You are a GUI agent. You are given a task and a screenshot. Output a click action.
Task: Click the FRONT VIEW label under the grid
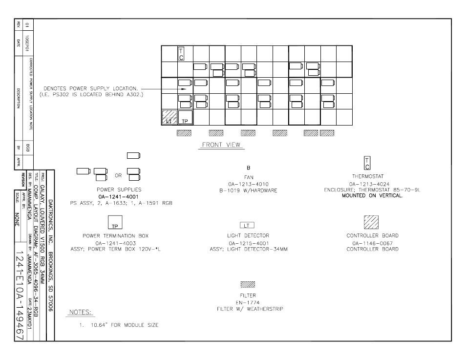tap(221, 145)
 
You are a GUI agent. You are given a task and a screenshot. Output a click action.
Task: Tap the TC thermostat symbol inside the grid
tap(181, 54)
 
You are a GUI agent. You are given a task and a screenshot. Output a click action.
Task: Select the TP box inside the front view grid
tap(185, 117)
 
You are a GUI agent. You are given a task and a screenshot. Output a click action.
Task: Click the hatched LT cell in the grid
tap(169, 117)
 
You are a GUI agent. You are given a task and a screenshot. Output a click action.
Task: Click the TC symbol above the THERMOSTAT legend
tap(367, 163)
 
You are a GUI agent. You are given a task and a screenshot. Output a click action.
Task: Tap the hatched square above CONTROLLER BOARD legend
tap(371, 222)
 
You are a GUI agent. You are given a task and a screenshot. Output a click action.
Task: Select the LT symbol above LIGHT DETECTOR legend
tap(247, 225)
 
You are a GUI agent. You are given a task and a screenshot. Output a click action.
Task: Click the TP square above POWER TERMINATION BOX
tap(115, 222)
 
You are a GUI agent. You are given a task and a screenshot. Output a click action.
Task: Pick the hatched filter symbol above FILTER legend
tap(248, 284)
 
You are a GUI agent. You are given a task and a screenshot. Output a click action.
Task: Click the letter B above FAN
tap(249, 168)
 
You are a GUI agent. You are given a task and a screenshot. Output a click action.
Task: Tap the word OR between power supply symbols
tap(118, 175)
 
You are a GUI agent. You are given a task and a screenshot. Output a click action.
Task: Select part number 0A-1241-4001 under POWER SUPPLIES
tap(118, 197)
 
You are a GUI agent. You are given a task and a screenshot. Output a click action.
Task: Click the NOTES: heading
tap(80, 312)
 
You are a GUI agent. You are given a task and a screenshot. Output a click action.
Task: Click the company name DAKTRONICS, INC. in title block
tap(50, 221)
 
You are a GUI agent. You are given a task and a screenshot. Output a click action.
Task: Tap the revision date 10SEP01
tap(27, 43)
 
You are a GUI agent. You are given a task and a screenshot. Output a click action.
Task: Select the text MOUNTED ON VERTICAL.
tap(372, 195)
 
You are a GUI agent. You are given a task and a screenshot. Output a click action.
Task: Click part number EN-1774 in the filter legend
tap(248, 303)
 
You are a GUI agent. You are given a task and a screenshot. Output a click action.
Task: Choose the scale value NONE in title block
tap(17, 219)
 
